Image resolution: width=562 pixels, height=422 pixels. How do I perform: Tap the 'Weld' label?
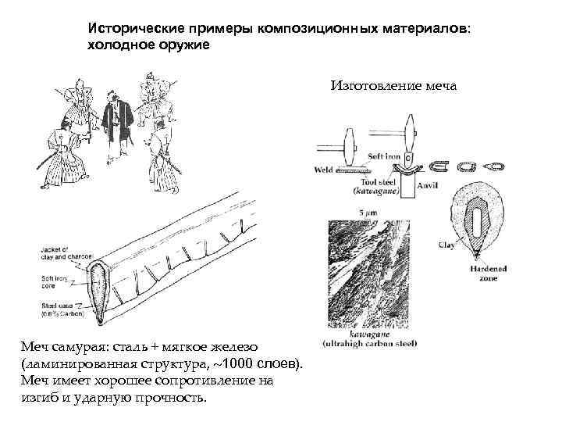[324, 168]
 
